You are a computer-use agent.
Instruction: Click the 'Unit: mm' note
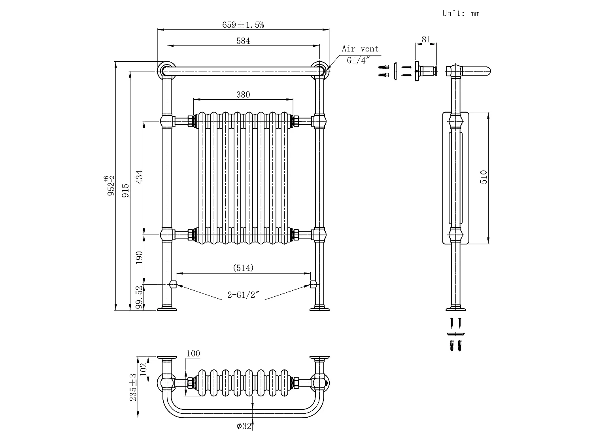461,13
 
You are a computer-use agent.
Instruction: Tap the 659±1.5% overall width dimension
243,25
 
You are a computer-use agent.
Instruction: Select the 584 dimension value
243,41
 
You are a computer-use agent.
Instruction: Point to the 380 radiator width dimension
243,95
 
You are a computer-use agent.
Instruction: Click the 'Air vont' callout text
360,49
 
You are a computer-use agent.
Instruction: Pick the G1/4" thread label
358,60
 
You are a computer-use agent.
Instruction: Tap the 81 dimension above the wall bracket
426,40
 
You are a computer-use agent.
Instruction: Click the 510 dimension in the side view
483,177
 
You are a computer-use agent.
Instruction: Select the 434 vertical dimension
140,177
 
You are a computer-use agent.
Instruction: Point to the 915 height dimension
126,191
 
